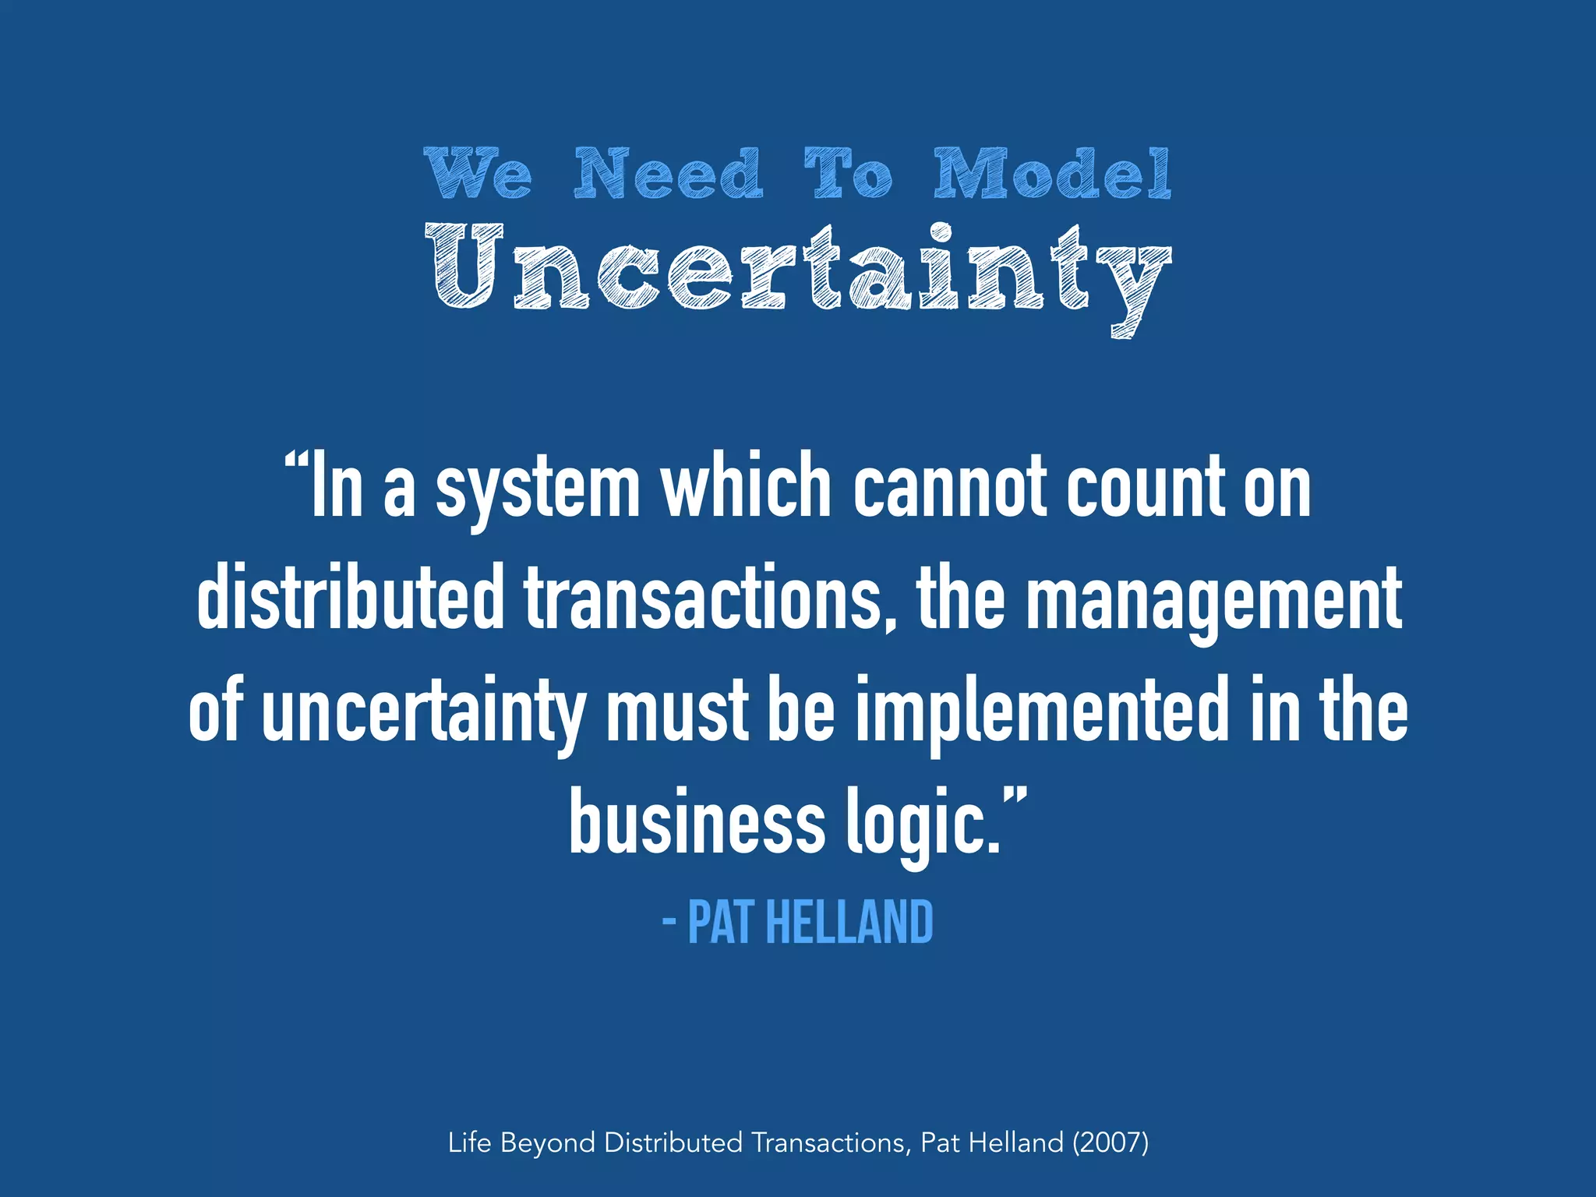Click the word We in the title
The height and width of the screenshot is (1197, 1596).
pyautogui.click(x=479, y=173)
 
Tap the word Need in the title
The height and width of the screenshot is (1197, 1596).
pyautogui.click(x=668, y=173)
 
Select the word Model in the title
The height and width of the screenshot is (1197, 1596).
pyautogui.click(x=1052, y=173)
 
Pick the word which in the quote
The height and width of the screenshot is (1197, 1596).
pyautogui.click(x=747, y=486)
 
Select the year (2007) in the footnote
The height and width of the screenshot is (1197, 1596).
pyautogui.click(x=1110, y=1142)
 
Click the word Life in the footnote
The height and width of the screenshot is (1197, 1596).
pyautogui.click(x=469, y=1142)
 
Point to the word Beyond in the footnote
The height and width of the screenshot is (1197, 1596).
pyautogui.click(x=548, y=1143)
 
